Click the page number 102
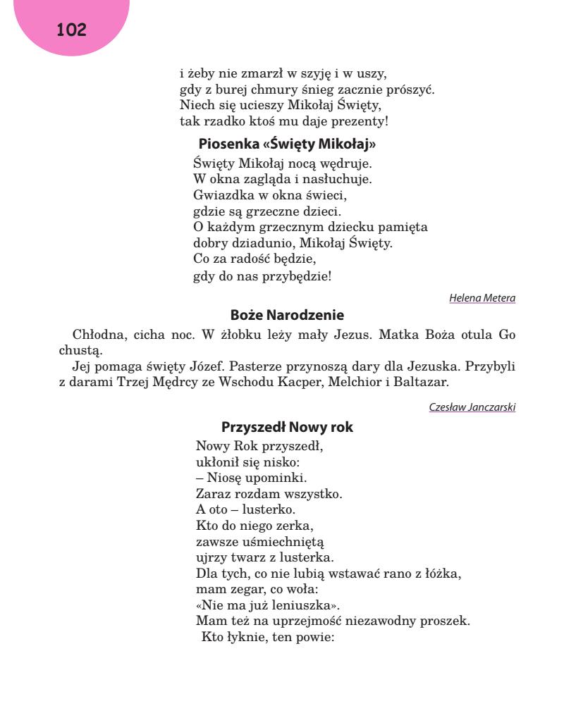click(71, 30)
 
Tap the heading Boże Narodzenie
click(287, 315)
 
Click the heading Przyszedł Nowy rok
click(287, 428)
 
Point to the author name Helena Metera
click(482, 298)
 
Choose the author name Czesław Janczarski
click(472, 407)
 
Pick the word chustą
click(81, 350)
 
